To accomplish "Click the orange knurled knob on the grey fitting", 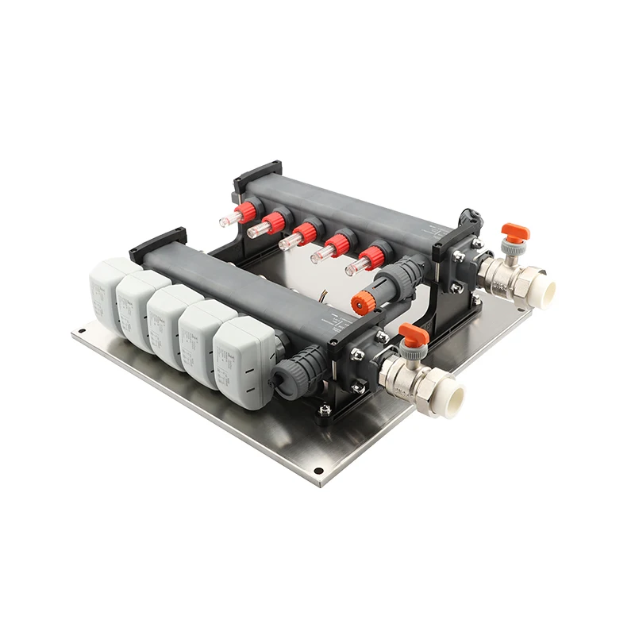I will click(x=364, y=300).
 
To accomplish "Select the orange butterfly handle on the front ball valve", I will click(x=414, y=333).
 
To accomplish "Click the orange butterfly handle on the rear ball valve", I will click(x=514, y=233).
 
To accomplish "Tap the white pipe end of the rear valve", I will click(x=545, y=291).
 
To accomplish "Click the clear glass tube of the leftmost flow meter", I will click(x=229, y=216).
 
